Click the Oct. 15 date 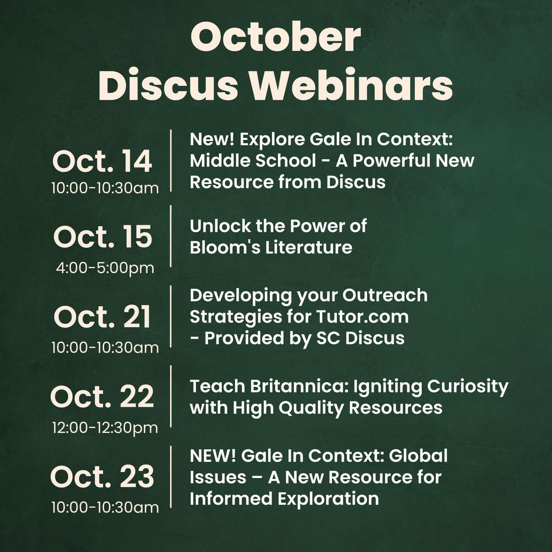coord(102,237)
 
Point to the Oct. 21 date coord(102,317)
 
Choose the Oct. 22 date coord(102,397)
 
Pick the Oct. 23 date coord(102,477)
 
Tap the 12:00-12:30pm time coord(104,427)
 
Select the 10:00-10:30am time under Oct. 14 coord(105,188)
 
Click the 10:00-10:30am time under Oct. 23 coord(105,507)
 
